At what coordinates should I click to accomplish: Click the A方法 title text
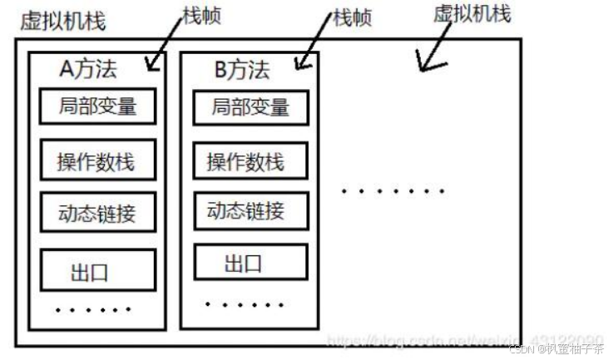click(x=91, y=71)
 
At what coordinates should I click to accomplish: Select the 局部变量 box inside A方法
click(x=97, y=106)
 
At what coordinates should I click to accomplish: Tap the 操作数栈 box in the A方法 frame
click(x=97, y=161)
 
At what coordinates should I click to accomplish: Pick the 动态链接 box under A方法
click(x=97, y=214)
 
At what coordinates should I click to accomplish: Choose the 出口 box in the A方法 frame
click(x=97, y=270)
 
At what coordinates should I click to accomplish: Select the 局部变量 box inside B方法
click(x=250, y=106)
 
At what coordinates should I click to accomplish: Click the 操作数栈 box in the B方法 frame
click(x=250, y=161)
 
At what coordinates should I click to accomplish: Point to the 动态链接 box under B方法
click(x=250, y=212)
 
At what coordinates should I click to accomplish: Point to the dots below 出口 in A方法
click(x=93, y=310)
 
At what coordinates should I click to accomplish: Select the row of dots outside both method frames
click(x=393, y=191)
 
